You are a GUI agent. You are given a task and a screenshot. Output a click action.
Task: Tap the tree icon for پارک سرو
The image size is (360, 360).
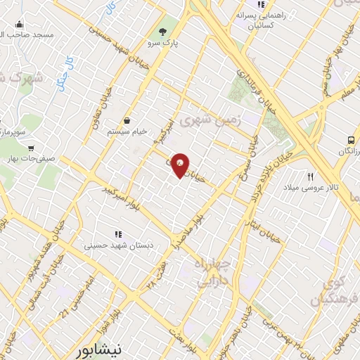tap(163, 31)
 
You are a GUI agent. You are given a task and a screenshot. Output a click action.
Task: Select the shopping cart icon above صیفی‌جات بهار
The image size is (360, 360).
tap(31, 148)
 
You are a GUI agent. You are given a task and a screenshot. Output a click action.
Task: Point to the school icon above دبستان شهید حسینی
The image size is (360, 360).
tap(118, 234)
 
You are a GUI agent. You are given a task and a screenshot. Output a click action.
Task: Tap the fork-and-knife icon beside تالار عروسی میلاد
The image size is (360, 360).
tap(310, 176)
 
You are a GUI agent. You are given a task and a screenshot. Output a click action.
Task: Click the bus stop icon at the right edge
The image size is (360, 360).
tap(352, 139)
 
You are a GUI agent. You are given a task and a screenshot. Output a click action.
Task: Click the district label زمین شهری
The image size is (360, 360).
tap(210, 120)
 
